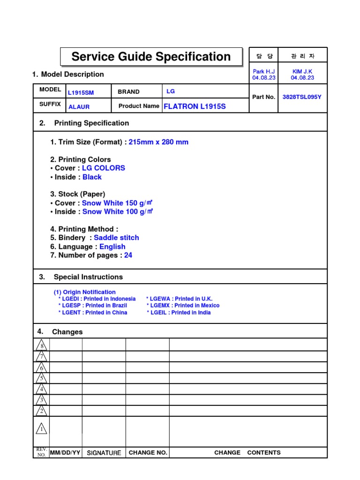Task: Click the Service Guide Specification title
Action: point(151,57)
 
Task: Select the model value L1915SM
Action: point(81,93)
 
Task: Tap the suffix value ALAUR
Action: point(79,106)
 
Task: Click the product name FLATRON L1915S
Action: point(195,106)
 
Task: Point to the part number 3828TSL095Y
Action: point(302,97)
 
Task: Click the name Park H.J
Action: point(263,71)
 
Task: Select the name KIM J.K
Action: point(302,71)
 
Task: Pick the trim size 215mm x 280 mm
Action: point(158,142)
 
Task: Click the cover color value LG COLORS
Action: point(104,168)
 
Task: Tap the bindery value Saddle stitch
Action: point(116,238)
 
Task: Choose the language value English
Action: point(112,247)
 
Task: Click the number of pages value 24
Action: point(128,255)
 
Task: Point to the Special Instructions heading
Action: point(88,277)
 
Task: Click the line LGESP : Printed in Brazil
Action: point(92,306)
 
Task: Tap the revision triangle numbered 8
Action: point(41,345)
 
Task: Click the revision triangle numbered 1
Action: point(41,428)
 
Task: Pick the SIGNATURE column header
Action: point(104,453)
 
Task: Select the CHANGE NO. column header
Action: point(148,453)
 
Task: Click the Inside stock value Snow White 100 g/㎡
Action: point(118,212)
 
